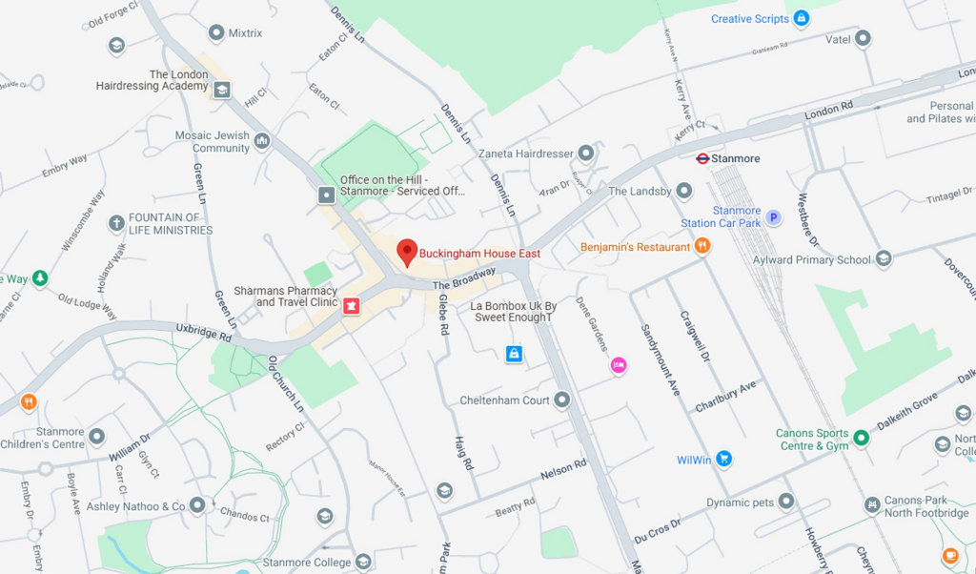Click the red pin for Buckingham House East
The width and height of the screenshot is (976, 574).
click(x=407, y=252)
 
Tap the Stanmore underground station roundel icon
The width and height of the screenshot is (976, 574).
click(x=702, y=158)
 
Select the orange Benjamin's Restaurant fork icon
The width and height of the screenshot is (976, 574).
click(x=702, y=247)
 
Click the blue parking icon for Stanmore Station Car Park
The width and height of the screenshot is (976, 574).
click(x=774, y=217)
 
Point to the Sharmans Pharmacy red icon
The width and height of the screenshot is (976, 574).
click(x=351, y=305)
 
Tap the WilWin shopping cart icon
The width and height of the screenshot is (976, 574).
click(x=723, y=459)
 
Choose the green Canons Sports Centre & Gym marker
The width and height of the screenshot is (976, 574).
click(x=861, y=438)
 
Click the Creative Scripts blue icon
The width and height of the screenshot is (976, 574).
click(x=802, y=18)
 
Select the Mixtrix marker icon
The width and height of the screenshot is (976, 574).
click(x=216, y=33)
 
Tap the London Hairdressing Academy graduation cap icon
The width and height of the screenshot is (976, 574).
click(x=222, y=90)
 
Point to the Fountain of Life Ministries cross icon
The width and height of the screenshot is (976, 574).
click(x=116, y=223)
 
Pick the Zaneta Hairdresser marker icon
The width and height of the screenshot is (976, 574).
click(x=586, y=153)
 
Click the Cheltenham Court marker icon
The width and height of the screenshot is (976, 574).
click(x=562, y=400)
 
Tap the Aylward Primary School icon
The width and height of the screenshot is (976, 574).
click(x=884, y=259)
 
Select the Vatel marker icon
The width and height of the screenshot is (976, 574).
click(x=863, y=39)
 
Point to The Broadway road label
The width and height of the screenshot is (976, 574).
click(x=464, y=277)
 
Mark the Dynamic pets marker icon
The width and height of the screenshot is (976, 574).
click(x=785, y=502)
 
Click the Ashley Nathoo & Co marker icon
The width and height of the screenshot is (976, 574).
click(x=197, y=505)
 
